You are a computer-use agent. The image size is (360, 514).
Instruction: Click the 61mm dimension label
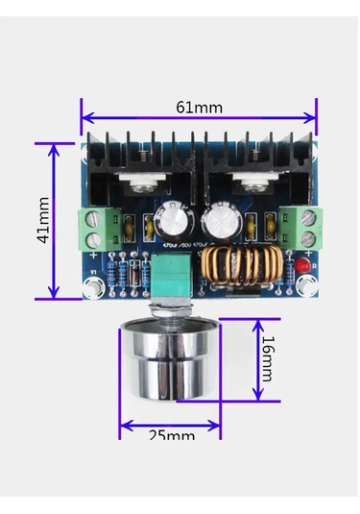(x=199, y=107)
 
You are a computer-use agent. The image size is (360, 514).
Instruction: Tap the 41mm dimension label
(x=43, y=221)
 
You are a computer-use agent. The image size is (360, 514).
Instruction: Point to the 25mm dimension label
(x=172, y=434)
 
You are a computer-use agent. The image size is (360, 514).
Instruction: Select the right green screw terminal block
(x=307, y=226)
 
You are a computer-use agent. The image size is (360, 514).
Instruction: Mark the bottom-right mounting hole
(x=307, y=284)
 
